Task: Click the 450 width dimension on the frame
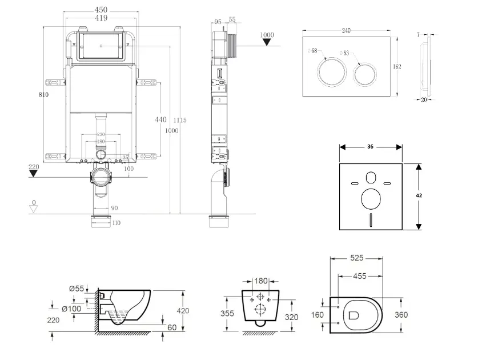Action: (101, 10)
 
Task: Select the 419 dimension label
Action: (101, 18)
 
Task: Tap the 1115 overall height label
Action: (180, 120)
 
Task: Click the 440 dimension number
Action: (160, 119)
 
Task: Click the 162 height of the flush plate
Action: (397, 67)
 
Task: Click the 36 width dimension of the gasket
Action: (370, 147)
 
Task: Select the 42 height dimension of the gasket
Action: (419, 195)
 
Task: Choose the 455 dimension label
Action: (359, 276)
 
